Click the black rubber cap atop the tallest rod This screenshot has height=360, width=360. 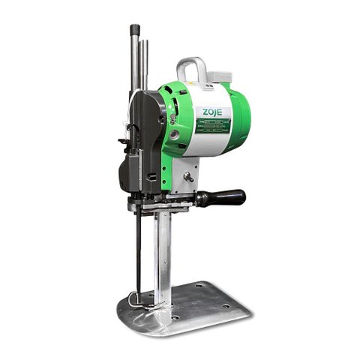click(x=135, y=30)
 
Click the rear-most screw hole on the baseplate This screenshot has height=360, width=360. click(x=199, y=284)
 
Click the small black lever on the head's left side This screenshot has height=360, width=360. click(x=121, y=141)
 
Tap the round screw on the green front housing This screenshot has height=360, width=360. click(x=174, y=136)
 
